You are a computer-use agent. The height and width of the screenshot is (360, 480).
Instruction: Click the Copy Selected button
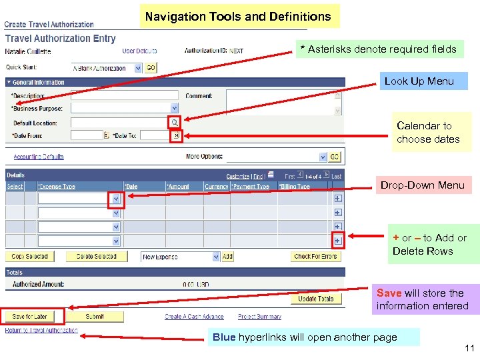tap(30, 257)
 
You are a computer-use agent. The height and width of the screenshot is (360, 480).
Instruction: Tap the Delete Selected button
tap(96, 257)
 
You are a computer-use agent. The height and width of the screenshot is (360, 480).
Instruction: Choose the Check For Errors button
tap(315, 257)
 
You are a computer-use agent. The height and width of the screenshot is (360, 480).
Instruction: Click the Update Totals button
tap(316, 299)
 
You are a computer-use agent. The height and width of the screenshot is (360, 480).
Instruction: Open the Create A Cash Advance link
tap(194, 317)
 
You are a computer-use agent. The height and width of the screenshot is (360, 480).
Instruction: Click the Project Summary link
tap(259, 317)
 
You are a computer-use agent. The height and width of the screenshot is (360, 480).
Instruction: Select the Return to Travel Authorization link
tap(41, 330)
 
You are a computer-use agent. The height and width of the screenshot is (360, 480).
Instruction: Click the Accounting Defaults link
tap(39, 157)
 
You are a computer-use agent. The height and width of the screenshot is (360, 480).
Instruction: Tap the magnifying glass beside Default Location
tap(175, 123)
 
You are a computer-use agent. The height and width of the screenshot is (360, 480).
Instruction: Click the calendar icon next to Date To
tap(177, 135)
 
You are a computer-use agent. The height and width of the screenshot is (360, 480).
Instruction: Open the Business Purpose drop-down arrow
tap(175, 108)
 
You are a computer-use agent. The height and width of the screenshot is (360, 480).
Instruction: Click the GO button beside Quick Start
tap(151, 68)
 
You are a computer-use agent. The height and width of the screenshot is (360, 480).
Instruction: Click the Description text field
tap(125, 95)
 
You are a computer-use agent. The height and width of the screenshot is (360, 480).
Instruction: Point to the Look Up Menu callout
tap(419, 81)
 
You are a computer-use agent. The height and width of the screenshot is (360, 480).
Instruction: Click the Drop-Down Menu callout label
tap(422, 185)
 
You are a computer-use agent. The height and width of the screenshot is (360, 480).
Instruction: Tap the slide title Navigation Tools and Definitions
tap(238, 16)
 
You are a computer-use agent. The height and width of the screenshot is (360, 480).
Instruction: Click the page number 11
tap(469, 348)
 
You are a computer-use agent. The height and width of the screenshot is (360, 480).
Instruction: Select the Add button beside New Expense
tap(228, 257)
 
